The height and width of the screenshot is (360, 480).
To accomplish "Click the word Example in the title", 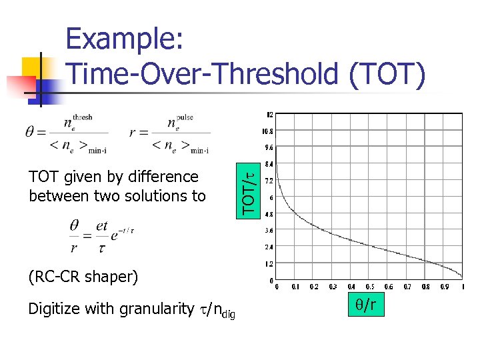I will [125, 41].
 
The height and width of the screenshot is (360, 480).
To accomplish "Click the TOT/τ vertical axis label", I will [248, 194].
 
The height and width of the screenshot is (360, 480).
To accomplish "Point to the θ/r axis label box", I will [365, 305].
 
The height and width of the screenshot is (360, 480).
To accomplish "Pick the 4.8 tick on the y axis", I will [269, 213].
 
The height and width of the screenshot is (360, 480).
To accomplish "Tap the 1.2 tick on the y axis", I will [269, 263].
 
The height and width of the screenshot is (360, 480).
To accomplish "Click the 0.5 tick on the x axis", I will [369, 287].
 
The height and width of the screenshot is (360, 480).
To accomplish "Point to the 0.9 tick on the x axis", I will [444, 287].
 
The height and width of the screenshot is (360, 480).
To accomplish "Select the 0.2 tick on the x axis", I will [314, 287].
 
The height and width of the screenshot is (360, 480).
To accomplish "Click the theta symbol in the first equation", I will [31, 132].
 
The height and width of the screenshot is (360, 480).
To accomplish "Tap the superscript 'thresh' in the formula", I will [82, 117].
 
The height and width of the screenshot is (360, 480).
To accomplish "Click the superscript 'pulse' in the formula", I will [185, 117].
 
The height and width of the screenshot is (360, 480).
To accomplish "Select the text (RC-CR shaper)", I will [83, 276].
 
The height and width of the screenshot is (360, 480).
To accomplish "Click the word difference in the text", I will [165, 177].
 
